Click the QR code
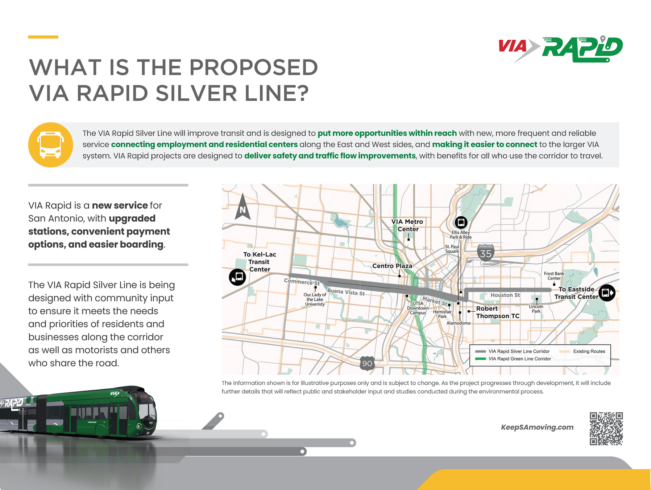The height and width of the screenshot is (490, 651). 606,429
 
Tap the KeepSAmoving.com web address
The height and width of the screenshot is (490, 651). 537,427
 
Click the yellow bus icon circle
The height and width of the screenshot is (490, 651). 50,145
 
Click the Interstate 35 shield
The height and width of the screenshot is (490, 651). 486,253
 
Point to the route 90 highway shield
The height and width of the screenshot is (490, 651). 367,363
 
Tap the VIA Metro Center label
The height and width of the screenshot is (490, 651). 407,225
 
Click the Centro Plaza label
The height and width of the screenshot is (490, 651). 392,266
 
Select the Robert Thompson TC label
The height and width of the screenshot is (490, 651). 497,312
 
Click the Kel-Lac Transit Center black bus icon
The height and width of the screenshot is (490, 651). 237,277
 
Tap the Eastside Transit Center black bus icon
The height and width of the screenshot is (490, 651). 607,293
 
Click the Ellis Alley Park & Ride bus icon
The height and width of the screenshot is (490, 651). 461,222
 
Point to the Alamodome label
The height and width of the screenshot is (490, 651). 459,323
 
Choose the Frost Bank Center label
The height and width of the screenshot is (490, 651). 554,276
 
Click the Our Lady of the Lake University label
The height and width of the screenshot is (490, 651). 315,299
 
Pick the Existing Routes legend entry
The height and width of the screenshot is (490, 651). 582,351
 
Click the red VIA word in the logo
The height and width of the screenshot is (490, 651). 512,46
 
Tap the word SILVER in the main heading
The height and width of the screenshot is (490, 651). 196,93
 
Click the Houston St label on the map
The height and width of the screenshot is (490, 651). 505,295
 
